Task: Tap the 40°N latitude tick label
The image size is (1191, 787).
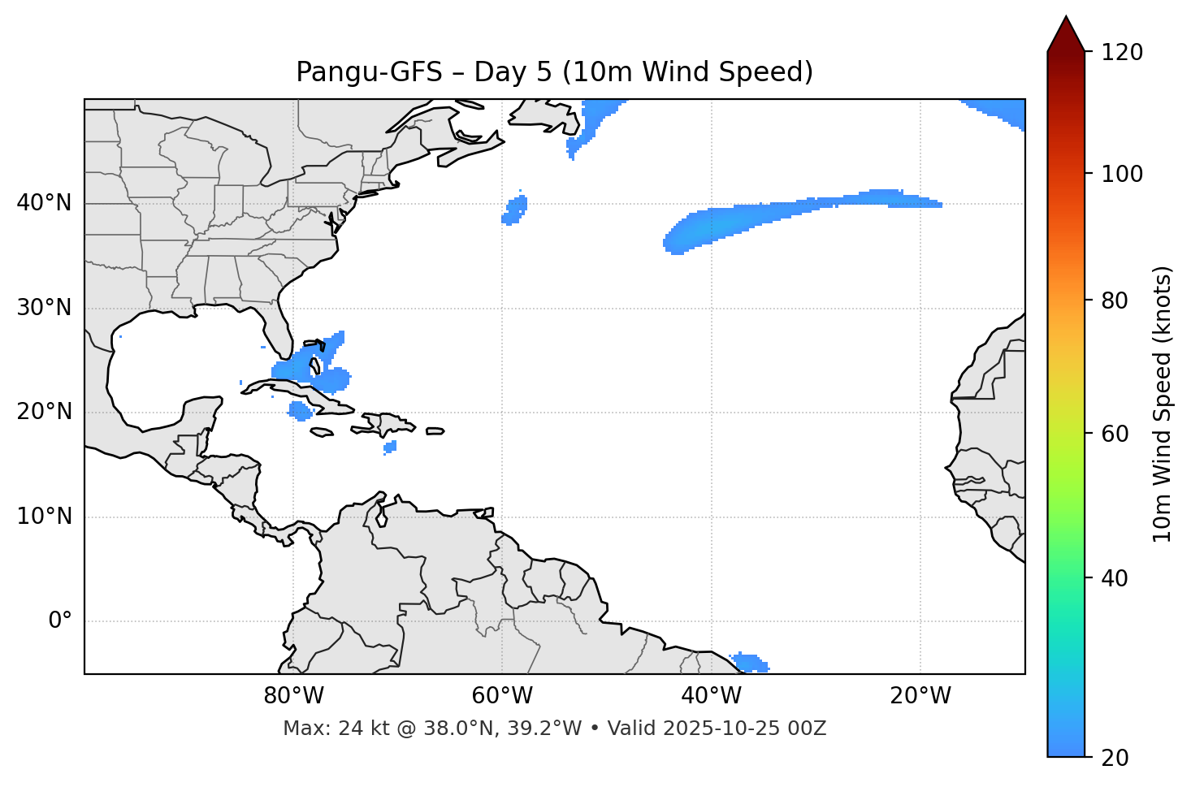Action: click(x=44, y=203)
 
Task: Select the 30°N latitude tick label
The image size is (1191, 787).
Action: click(x=44, y=308)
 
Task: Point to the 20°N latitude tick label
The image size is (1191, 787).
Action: click(x=44, y=412)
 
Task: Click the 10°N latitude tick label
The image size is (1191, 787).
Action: click(x=44, y=517)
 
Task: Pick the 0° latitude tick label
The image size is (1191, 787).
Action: click(x=60, y=621)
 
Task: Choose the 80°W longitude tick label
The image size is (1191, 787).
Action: click(x=293, y=696)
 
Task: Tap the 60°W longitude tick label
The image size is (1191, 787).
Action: click(x=502, y=696)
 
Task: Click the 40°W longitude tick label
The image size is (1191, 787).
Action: click(x=711, y=696)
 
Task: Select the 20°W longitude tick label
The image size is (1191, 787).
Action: click(x=920, y=696)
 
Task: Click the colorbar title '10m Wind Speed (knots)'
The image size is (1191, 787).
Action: click(x=1163, y=404)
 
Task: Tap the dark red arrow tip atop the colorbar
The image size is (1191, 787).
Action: click(x=1066, y=32)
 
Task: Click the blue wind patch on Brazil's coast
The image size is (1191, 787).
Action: click(x=750, y=663)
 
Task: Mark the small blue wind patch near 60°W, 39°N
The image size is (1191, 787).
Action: click(x=514, y=210)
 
